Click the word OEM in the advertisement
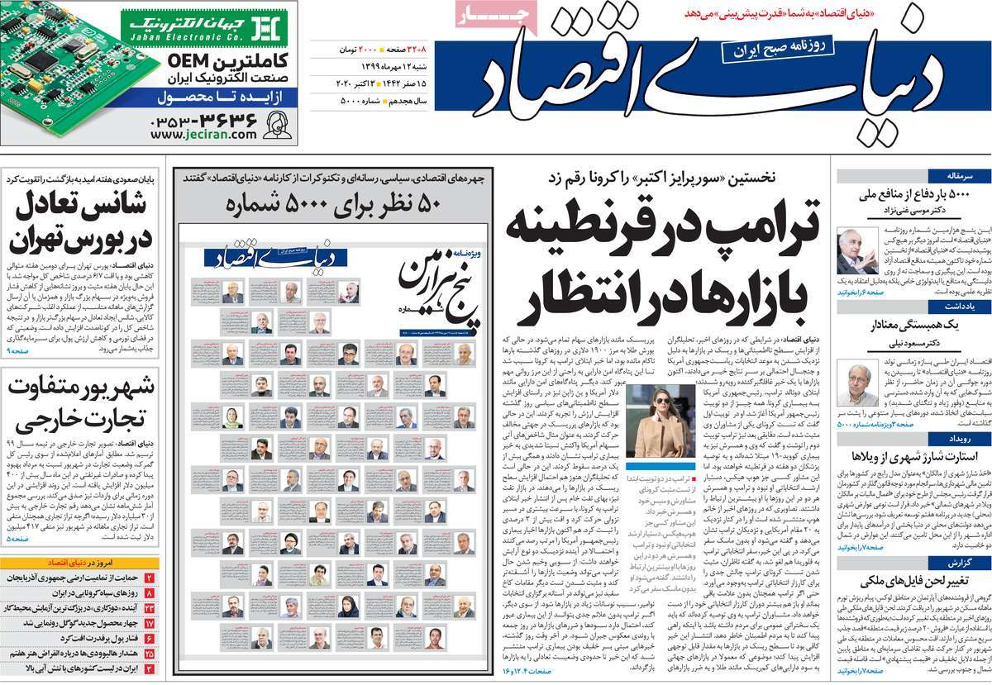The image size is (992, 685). (x=192, y=61)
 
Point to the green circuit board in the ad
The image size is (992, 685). (x=58, y=70)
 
